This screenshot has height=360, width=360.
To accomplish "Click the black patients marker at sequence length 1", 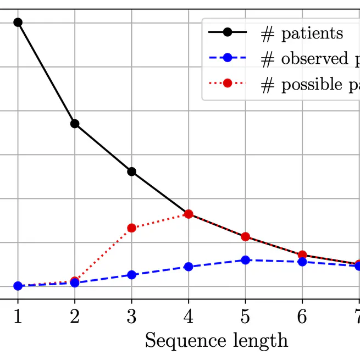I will click(18, 23).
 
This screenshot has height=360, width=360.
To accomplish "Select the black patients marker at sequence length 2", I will click(75, 124).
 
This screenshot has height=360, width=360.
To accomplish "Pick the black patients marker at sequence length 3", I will click(131, 171).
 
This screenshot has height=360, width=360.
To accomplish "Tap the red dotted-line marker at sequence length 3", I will click(131, 228).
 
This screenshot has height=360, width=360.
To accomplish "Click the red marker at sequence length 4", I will click(189, 214).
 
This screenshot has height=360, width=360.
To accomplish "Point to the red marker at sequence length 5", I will click(245, 236).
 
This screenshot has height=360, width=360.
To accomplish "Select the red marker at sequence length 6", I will click(302, 255).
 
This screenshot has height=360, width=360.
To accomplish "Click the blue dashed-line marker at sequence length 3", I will click(131, 274).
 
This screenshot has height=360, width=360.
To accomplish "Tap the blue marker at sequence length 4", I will click(189, 267).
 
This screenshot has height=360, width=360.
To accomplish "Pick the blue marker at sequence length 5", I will click(245, 259).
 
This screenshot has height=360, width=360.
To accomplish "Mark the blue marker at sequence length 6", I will click(302, 262).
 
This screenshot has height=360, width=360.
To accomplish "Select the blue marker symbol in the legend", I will click(228, 59).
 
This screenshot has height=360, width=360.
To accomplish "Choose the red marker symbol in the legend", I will click(228, 85).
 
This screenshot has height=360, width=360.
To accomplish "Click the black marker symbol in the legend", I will click(228, 33).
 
